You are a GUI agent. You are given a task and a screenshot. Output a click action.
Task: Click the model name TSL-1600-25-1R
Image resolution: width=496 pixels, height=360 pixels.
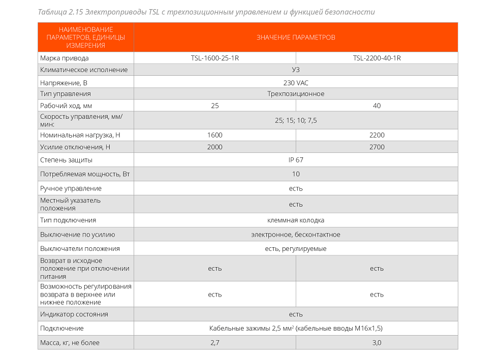coord(214,58)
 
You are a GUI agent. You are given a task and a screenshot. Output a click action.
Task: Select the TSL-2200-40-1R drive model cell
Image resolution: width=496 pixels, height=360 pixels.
coord(377,58)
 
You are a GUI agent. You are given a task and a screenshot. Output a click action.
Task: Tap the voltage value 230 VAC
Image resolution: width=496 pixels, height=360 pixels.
coord(296,82)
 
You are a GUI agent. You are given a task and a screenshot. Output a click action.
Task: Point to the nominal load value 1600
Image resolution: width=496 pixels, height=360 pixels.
coord(214,135)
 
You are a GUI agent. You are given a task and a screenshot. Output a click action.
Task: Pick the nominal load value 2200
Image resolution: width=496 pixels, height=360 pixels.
coord(377,135)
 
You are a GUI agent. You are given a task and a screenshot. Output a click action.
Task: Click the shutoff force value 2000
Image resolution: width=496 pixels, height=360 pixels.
coord(214,147)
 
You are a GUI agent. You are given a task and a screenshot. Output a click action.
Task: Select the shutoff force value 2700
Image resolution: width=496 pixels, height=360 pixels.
coord(377,147)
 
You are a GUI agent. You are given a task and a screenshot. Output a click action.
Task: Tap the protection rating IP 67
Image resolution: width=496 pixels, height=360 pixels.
coord(296,160)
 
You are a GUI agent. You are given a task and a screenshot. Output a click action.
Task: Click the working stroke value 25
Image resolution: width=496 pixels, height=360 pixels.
coord(214,106)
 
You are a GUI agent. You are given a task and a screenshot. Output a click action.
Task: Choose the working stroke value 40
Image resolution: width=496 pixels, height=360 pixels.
coord(377,106)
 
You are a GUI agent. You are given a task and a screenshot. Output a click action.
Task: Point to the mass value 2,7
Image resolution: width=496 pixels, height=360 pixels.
coord(214,343)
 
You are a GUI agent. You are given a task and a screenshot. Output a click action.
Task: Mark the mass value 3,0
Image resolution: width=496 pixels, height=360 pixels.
coord(377,343)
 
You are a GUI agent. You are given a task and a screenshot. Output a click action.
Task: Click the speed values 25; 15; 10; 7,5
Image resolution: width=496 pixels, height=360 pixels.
coord(296,120)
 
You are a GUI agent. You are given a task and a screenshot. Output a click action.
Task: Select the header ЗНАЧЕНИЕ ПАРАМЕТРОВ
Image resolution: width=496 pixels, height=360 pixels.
coord(296,38)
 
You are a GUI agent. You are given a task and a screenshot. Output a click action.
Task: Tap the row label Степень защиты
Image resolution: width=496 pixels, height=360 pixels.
coord(66,160)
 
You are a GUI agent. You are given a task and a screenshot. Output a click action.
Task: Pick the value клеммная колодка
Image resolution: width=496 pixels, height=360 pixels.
coord(296,220)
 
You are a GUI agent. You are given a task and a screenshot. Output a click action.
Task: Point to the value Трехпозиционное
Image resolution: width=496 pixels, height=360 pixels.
coord(296,94)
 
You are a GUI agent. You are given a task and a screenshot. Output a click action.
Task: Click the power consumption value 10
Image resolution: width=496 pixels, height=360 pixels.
coord(296,174)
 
